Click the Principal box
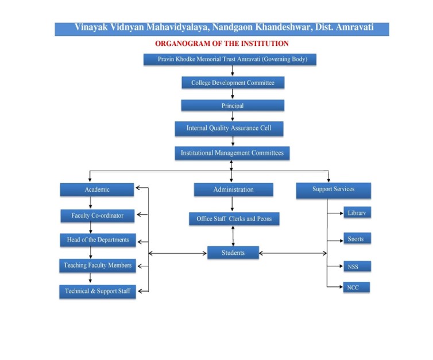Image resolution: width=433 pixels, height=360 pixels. pyautogui.click(x=233, y=106)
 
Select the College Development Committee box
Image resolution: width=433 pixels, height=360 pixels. pyautogui.click(x=233, y=83)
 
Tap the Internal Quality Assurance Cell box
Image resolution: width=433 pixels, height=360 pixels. pyautogui.click(x=229, y=128)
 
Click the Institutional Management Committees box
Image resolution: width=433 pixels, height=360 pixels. pyautogui.click(x=232, y=153)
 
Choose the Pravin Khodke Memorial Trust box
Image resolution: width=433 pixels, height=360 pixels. pyautogui.click(x=229, y=59)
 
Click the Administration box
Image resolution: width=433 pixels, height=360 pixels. pyautogui.click(x=233, y=189)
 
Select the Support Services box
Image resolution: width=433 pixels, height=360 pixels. pyautogui.click(x=333, y=189)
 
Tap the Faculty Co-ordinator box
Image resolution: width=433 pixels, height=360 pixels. pyautogui.click(x=98, y=215)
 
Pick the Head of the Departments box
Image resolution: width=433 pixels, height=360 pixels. pyautogui.click(x=98, y=240)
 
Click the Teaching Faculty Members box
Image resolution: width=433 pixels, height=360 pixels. pyautogui.click(x=98, y=265)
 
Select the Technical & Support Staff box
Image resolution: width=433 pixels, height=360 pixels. pyautogui.click(x=98, y=291)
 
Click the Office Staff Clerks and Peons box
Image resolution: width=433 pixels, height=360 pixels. pyautogui.click(x=234, y=219)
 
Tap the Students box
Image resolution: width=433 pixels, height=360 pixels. pyautogui.click(x=233, y=253)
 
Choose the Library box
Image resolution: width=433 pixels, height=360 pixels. pyautogui.click(x=356, y=213)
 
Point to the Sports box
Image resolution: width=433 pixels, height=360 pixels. pyautogui.click(x=356, y=239)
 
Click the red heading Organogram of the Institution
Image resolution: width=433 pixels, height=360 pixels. pyautogui.click(x=222, y=44)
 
